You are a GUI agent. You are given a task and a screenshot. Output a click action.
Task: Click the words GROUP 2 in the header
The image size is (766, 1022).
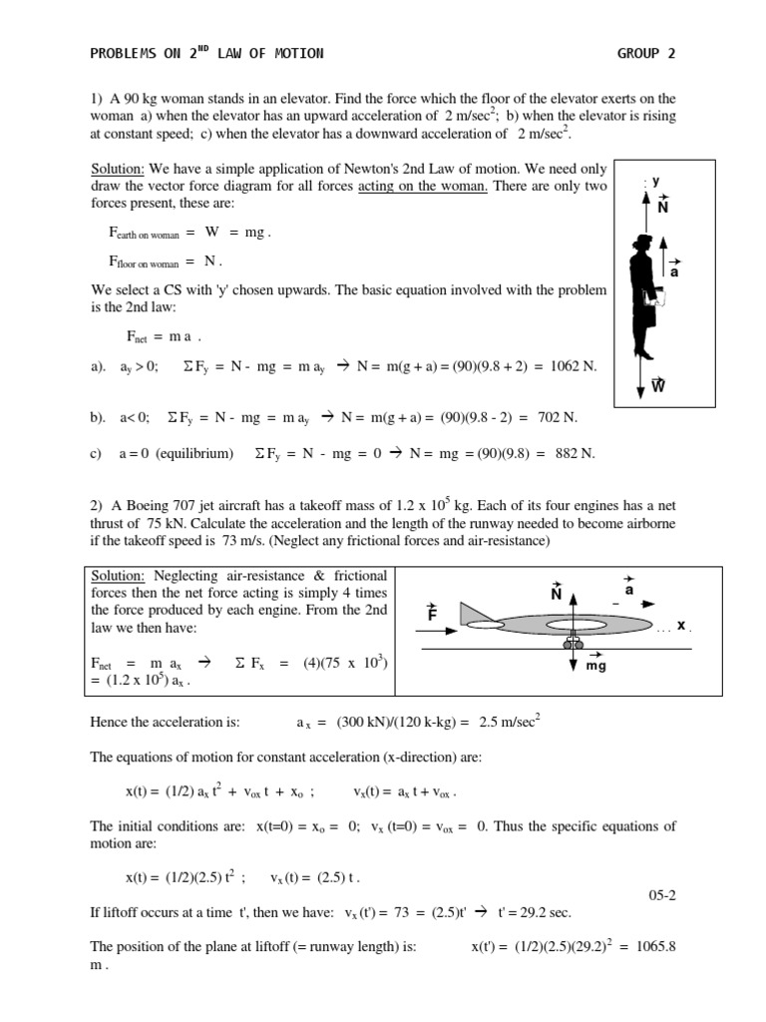click(646, 54)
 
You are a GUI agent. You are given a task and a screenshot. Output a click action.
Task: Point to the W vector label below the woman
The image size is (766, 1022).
click(658, 385)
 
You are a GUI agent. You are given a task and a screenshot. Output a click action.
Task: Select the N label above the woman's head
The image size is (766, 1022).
click(662, 207)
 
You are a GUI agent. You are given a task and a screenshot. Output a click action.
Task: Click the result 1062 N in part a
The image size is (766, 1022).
click(574, 366)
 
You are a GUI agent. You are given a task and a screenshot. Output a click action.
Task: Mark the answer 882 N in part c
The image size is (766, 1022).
click(574, 453)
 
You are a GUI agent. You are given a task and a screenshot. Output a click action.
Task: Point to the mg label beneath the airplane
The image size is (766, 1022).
click(596, 665)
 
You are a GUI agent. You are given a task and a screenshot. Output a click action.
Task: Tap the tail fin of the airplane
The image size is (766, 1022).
click(470, 612)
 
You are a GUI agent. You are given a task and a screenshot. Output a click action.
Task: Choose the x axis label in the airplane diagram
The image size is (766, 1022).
click(682, 625)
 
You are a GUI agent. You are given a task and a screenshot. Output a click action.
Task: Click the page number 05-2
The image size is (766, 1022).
click(662, 895)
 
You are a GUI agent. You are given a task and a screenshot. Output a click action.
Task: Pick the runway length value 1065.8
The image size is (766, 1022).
click(653, 945)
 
